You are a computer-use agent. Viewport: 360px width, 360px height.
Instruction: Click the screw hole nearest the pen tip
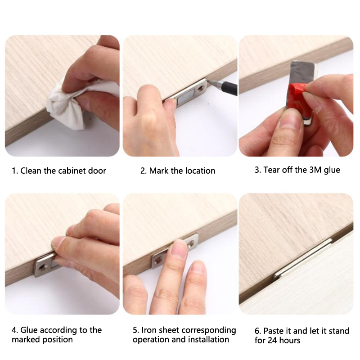pyautogui.click(x=202, y=88)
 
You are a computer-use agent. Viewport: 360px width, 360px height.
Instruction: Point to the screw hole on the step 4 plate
pyautogui.click(x=43, y=267)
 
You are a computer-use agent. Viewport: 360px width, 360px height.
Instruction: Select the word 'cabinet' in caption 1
pyautogui.click(x=72, y=171)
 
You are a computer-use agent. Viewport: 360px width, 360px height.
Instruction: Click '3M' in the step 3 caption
pyautogui.click(x=316, y=170)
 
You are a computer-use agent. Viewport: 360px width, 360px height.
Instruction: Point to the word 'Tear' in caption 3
pyautogui.click(x=272, y=170)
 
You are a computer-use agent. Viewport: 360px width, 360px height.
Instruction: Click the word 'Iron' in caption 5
pyautogui.click(x=148, y=330)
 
